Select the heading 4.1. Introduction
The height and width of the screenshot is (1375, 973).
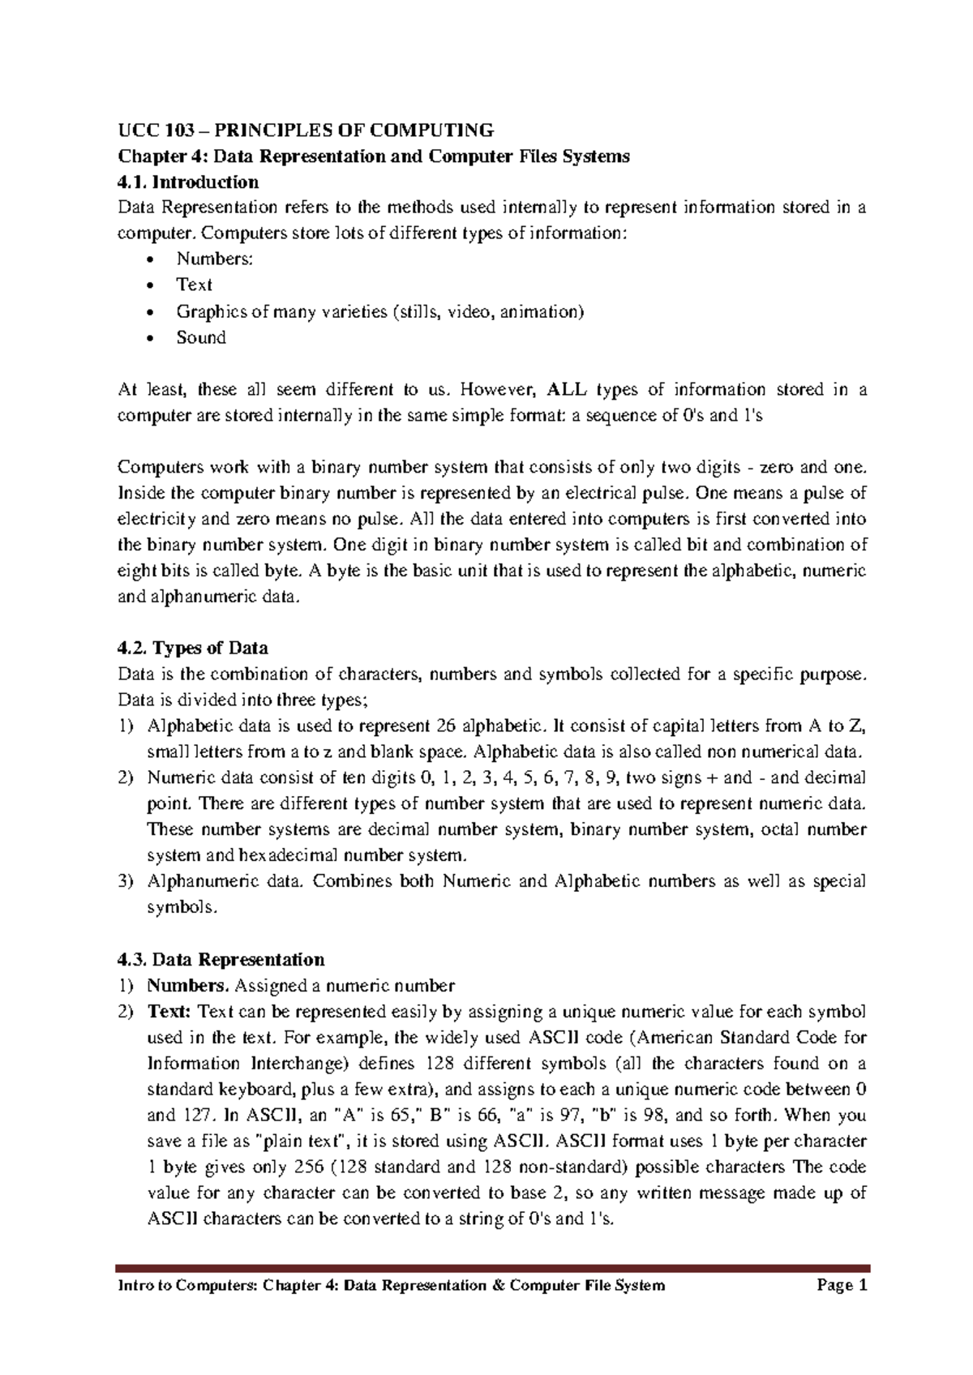pyautogui.click(x=188, y=182)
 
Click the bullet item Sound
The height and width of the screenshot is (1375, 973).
pyautogui.click(x=201, y=338)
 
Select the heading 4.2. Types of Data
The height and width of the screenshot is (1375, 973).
pyautogui.click(x=193, y=649)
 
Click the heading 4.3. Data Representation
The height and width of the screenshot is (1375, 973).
pyautogui.click(x=221, y=960)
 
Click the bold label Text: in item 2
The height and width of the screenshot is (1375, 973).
pyautogui.click(x=169, y=1012)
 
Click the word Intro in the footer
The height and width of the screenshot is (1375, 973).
pyautogui.click(x=135, y=1286)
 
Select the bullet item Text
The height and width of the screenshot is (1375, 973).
pyautogui.click(x=195, y=285)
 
